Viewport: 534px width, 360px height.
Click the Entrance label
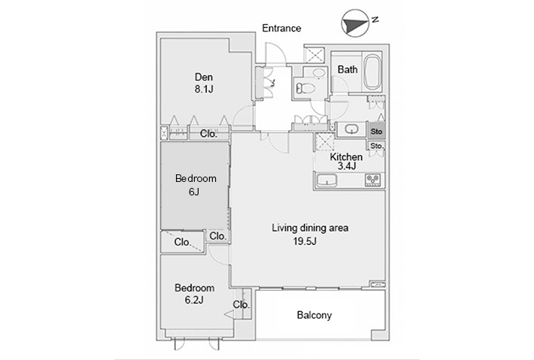(281, 28)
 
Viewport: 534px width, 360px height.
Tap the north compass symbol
(356, 23)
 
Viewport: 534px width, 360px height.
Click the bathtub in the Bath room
(372, 72)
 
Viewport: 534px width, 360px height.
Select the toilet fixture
(305, 89)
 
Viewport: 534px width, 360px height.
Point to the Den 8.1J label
(204, 83)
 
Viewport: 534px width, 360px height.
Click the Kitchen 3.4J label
(346, 162)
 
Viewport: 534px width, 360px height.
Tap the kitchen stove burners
(373, 180)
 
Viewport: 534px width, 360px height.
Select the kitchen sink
(326, 180)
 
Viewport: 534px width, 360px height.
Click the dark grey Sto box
(376, 132)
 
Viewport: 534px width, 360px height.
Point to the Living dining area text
(310, 228)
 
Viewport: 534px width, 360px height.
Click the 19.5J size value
(305, 241)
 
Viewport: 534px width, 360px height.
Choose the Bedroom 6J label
(196, 185)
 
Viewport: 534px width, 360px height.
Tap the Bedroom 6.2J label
(195, 294)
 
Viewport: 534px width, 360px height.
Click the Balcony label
(314, 315)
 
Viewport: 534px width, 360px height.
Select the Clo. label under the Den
(208, 134)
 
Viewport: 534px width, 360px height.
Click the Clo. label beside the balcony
(241, 304)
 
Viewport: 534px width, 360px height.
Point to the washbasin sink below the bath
(351, 129)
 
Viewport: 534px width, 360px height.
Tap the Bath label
(347, 69)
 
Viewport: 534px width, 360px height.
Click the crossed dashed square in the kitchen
(325, 141)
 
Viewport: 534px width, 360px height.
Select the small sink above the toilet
(319, 73)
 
